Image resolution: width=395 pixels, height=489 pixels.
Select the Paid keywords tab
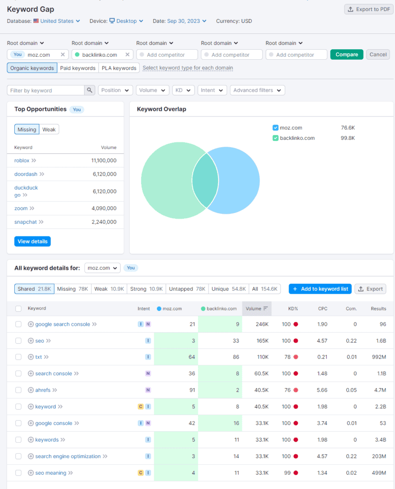click(x=78, y=68)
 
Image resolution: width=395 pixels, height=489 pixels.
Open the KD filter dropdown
click(x=183, y=90)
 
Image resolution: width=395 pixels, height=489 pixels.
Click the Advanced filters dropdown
click(x=257, y=90)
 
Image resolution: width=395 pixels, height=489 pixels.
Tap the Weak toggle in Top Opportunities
click(x=49, y=129)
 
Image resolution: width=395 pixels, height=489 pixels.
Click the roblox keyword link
click(x=22, y=160)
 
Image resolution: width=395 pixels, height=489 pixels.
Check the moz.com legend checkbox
click(x=275, y=128)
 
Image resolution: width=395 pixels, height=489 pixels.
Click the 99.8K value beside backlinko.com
click(x=348, y=138)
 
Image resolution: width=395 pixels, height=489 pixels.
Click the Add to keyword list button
click(x=320, y=289)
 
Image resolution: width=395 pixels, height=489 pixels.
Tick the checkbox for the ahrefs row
click(x=18, y=390)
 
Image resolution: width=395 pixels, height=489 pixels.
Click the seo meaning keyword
click(x=51, y=473)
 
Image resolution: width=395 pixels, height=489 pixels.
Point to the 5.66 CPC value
click(x=322, y=390)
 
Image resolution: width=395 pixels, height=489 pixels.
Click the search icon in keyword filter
click(x=90, y=90)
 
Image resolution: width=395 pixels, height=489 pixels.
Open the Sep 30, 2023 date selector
click(x=187, y=21)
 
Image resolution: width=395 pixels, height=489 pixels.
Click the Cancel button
click(x=378, y=54)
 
